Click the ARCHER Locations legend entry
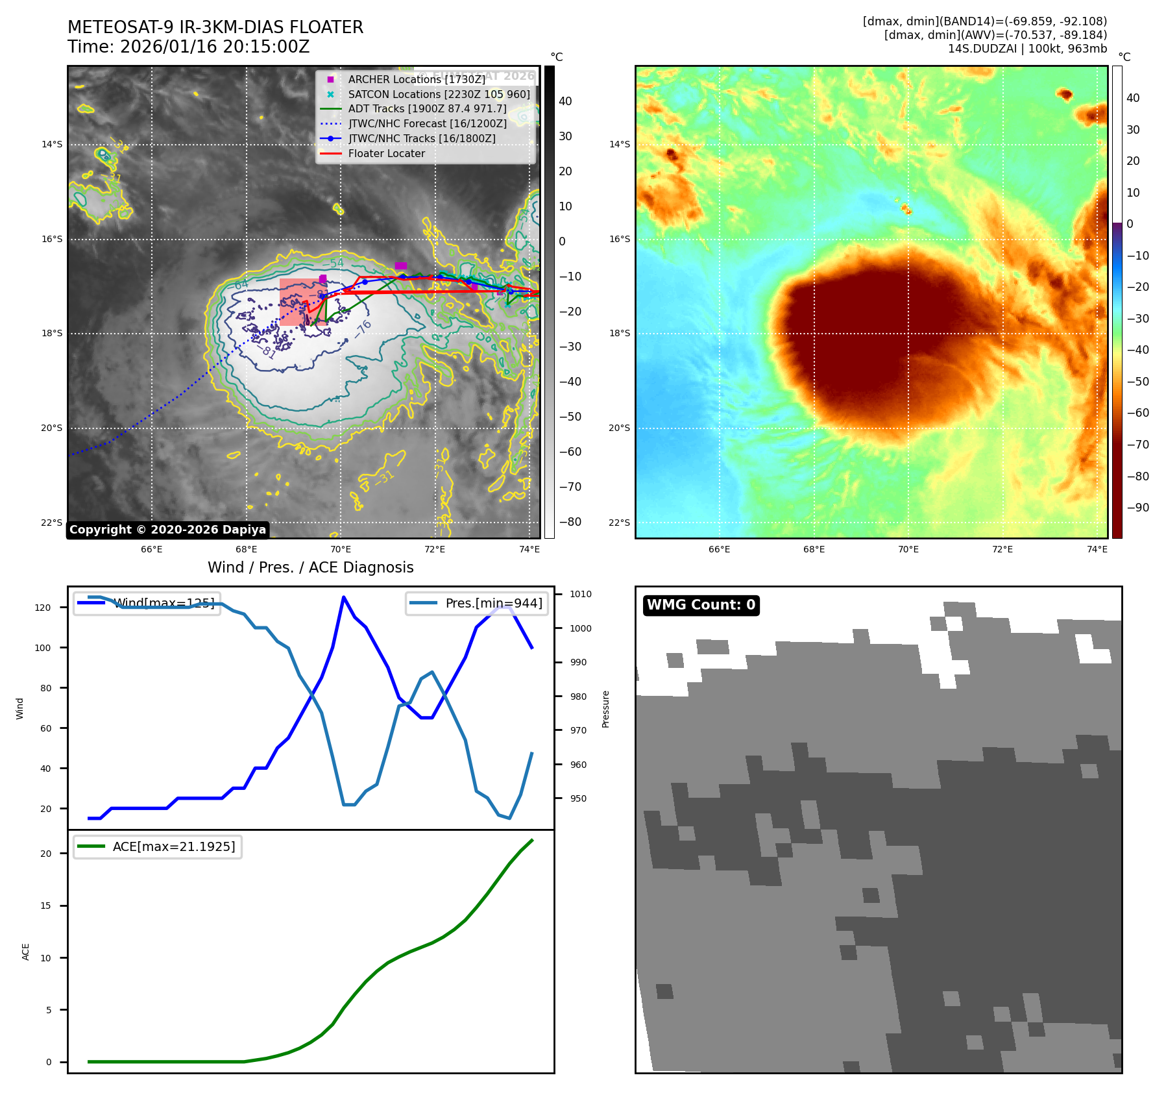point(416,79)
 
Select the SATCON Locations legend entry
point(439,94)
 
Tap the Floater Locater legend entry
point(386,153)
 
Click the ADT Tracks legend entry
point(427,108)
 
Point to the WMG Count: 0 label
point(701,605)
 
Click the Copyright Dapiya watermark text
point(167,530)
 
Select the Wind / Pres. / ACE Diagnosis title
point(310,567)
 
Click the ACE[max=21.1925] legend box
point(158,846)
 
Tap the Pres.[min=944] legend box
point(477,603)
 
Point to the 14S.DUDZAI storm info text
point(1027,49)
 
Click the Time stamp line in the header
point(188,47)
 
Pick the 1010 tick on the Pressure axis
point(580,594)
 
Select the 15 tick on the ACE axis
point(45,906)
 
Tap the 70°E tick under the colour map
point(908,549)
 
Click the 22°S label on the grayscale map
point(52,523)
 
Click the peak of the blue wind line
point(343,597)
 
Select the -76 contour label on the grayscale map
point(363,328)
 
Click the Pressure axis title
point(605,709)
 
